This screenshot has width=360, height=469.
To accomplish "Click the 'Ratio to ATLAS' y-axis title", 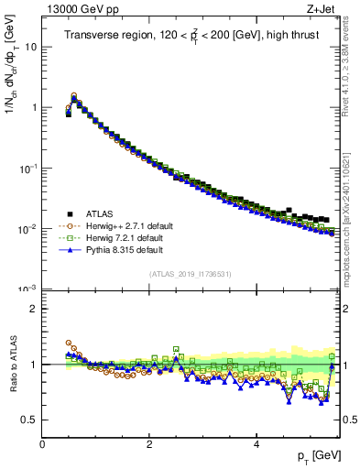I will pyautogui.click(x=13, y=365).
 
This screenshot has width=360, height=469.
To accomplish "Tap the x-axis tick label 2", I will pyautogui.click(x=149, y=443).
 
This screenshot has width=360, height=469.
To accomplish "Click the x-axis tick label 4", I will pyautogui.click(x=256, y=443).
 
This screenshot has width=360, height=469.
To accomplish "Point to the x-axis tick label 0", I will pyautogui.click(x=42, y=443).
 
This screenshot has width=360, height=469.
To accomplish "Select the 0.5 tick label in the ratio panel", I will pyautogui.click(x=29, y=420).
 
